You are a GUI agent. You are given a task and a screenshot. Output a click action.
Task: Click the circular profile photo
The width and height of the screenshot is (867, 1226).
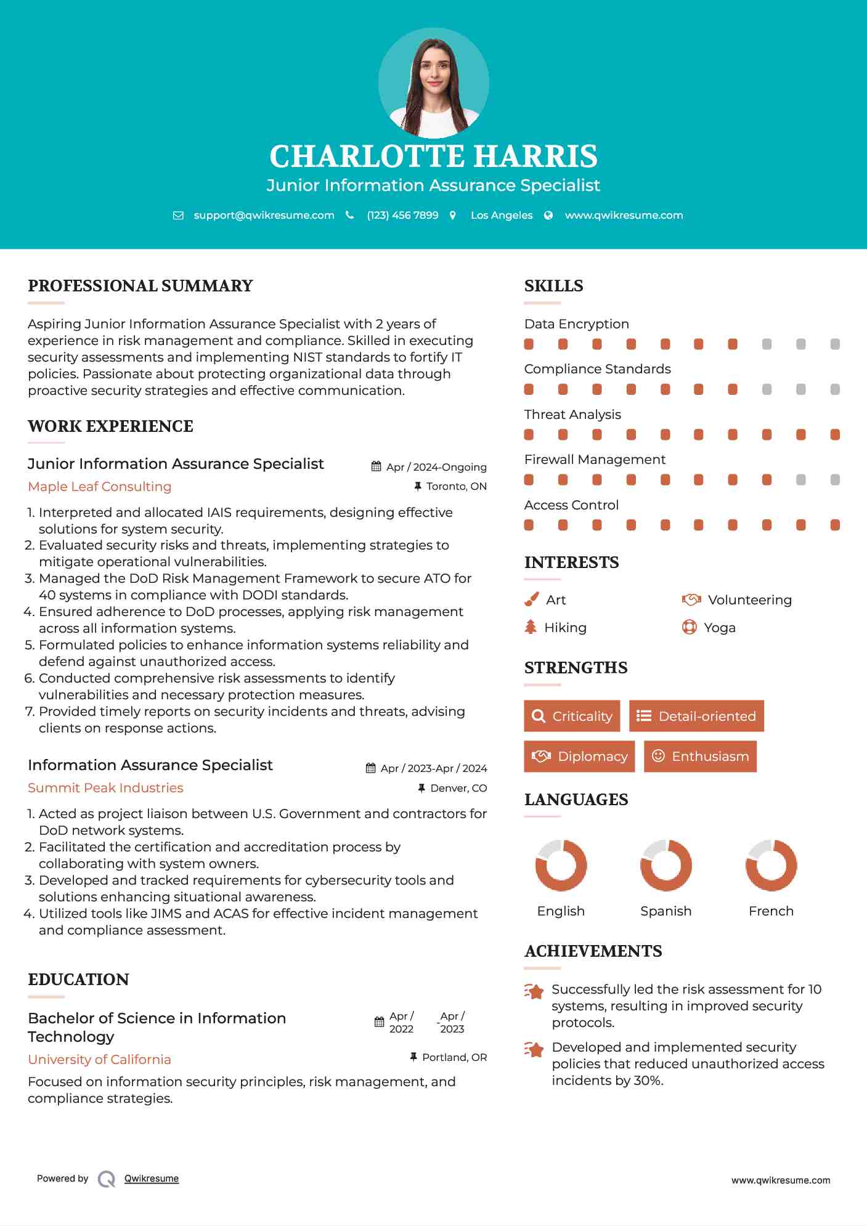click(433, 83)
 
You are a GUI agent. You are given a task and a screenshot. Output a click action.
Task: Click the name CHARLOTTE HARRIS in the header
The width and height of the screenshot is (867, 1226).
click(433, 156)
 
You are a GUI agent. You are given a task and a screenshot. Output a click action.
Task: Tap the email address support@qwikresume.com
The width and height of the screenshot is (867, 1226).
click(264, 215)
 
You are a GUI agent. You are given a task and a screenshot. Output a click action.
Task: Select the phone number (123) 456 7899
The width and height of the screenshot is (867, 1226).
click(402, 215)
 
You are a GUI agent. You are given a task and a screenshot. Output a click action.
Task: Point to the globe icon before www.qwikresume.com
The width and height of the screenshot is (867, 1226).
click(548, 215)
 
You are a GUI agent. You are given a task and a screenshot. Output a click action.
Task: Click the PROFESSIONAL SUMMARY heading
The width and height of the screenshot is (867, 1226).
click(140, 286)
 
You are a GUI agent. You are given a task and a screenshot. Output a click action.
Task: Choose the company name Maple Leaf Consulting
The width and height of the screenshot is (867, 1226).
click(100, 486)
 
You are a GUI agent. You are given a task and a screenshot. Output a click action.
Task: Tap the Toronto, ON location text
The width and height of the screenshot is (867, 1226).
click(456, 486)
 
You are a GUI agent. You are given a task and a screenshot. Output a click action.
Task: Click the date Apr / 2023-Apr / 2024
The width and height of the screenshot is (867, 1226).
click(433, 768)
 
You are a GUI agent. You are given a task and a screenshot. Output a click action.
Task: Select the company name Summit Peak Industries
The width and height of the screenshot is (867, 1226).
click(105, 787)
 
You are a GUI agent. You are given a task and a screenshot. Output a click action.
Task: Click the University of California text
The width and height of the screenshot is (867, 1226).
click(99, 1059)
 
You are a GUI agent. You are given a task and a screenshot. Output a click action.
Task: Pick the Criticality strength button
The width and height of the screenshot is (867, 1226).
click(572, 716)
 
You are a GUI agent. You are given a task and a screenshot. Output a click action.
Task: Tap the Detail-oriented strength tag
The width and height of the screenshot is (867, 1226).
click(696, 716)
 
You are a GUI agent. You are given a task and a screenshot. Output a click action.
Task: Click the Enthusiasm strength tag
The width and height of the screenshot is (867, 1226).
click(700, 756)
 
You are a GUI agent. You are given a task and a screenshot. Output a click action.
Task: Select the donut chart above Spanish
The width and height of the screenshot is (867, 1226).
click(666, 865)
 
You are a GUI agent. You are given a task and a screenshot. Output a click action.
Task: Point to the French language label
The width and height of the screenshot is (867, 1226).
click(771, 911)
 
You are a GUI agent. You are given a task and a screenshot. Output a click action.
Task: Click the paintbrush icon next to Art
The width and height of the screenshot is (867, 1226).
click(531, 599)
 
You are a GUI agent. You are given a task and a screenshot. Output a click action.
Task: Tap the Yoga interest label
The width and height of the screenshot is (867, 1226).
click(720, 627)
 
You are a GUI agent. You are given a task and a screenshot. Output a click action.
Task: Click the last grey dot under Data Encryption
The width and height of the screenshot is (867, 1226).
click(835, 344)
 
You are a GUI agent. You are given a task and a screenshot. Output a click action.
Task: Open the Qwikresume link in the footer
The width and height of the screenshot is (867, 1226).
click(152, 1178)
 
